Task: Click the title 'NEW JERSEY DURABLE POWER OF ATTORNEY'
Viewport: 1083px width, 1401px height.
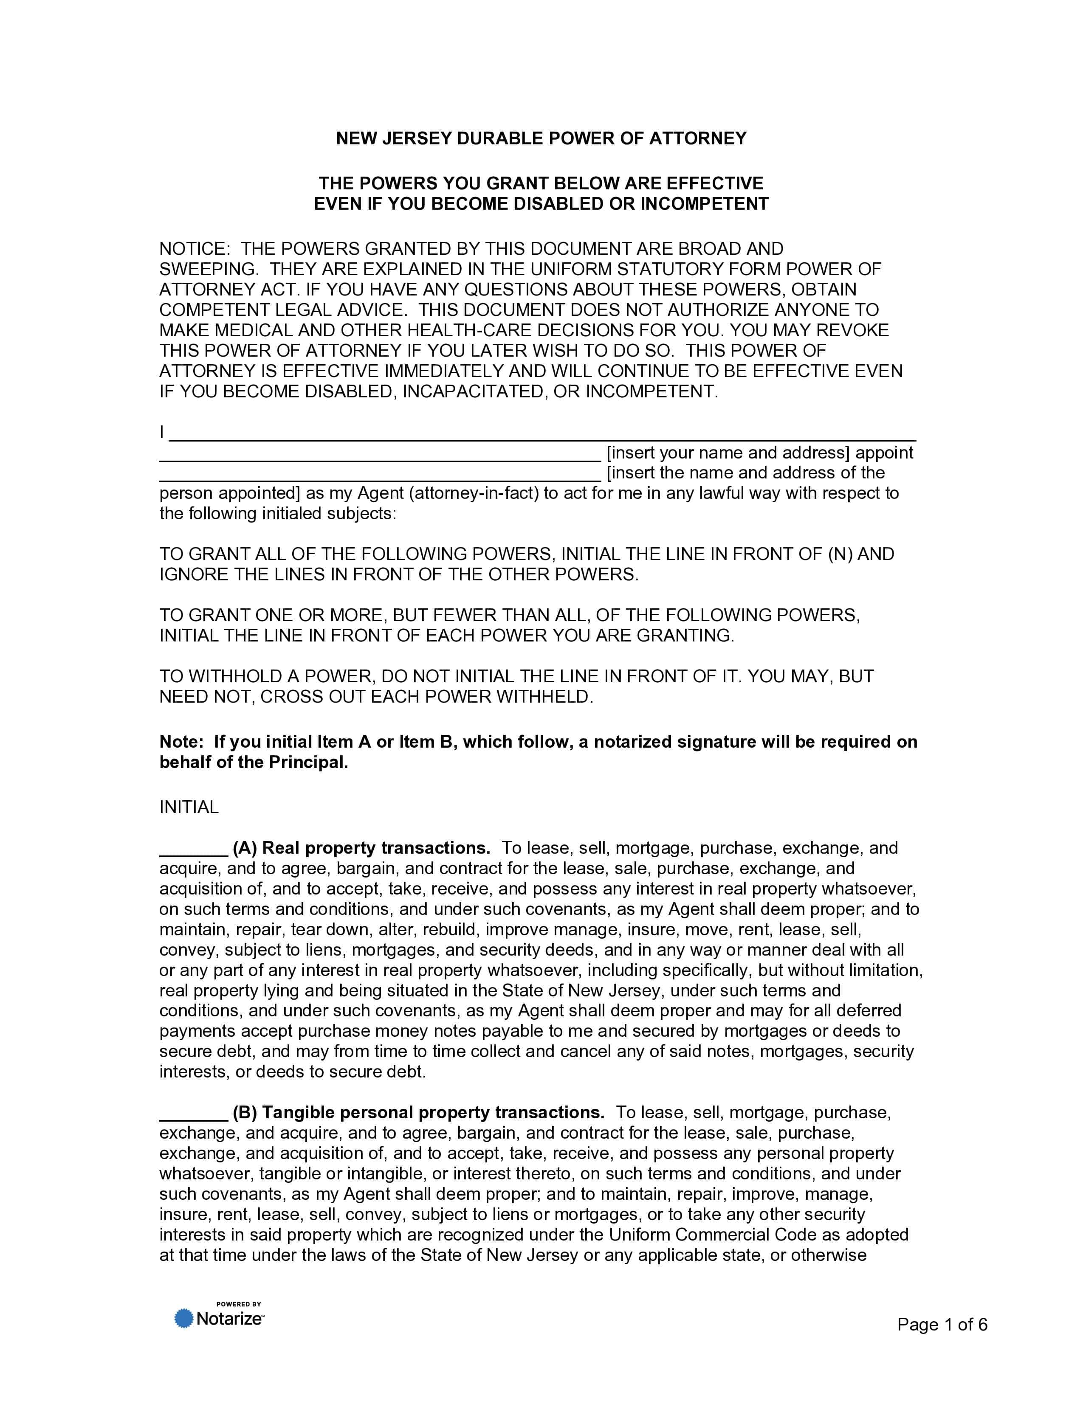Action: point(541,138)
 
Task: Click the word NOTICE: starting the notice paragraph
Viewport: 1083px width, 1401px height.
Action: point(194,249)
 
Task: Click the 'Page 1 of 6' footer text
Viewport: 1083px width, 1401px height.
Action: point(942,1324)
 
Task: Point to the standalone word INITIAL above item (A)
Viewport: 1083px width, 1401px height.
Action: point(189,807)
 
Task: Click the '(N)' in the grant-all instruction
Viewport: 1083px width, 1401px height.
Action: point(840,554)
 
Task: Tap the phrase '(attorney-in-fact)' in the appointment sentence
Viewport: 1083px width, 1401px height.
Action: point(475,493)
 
